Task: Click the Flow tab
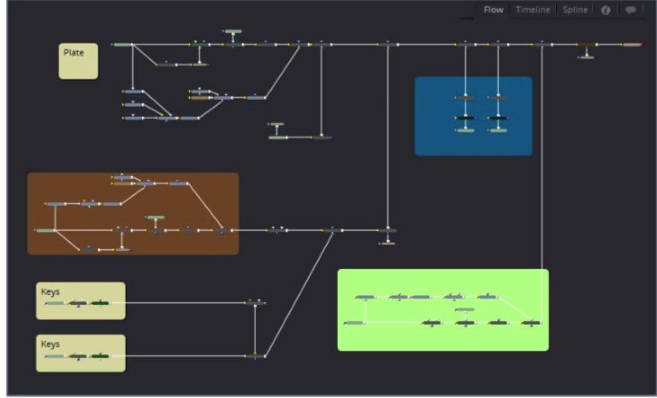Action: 494,10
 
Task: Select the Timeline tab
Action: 532,10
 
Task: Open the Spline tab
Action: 575,10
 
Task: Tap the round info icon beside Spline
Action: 606,10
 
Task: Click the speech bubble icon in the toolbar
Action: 631,10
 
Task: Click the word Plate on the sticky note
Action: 74,53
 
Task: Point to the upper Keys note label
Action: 50,292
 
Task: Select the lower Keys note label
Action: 50,344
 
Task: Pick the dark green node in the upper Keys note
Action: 100,303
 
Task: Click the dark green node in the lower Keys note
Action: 100,356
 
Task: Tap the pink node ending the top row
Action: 631,44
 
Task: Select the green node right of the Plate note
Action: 122,44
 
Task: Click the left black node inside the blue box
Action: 465,117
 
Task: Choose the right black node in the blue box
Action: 498,117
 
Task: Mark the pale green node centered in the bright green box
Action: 465,310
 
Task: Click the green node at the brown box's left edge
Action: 45,231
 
